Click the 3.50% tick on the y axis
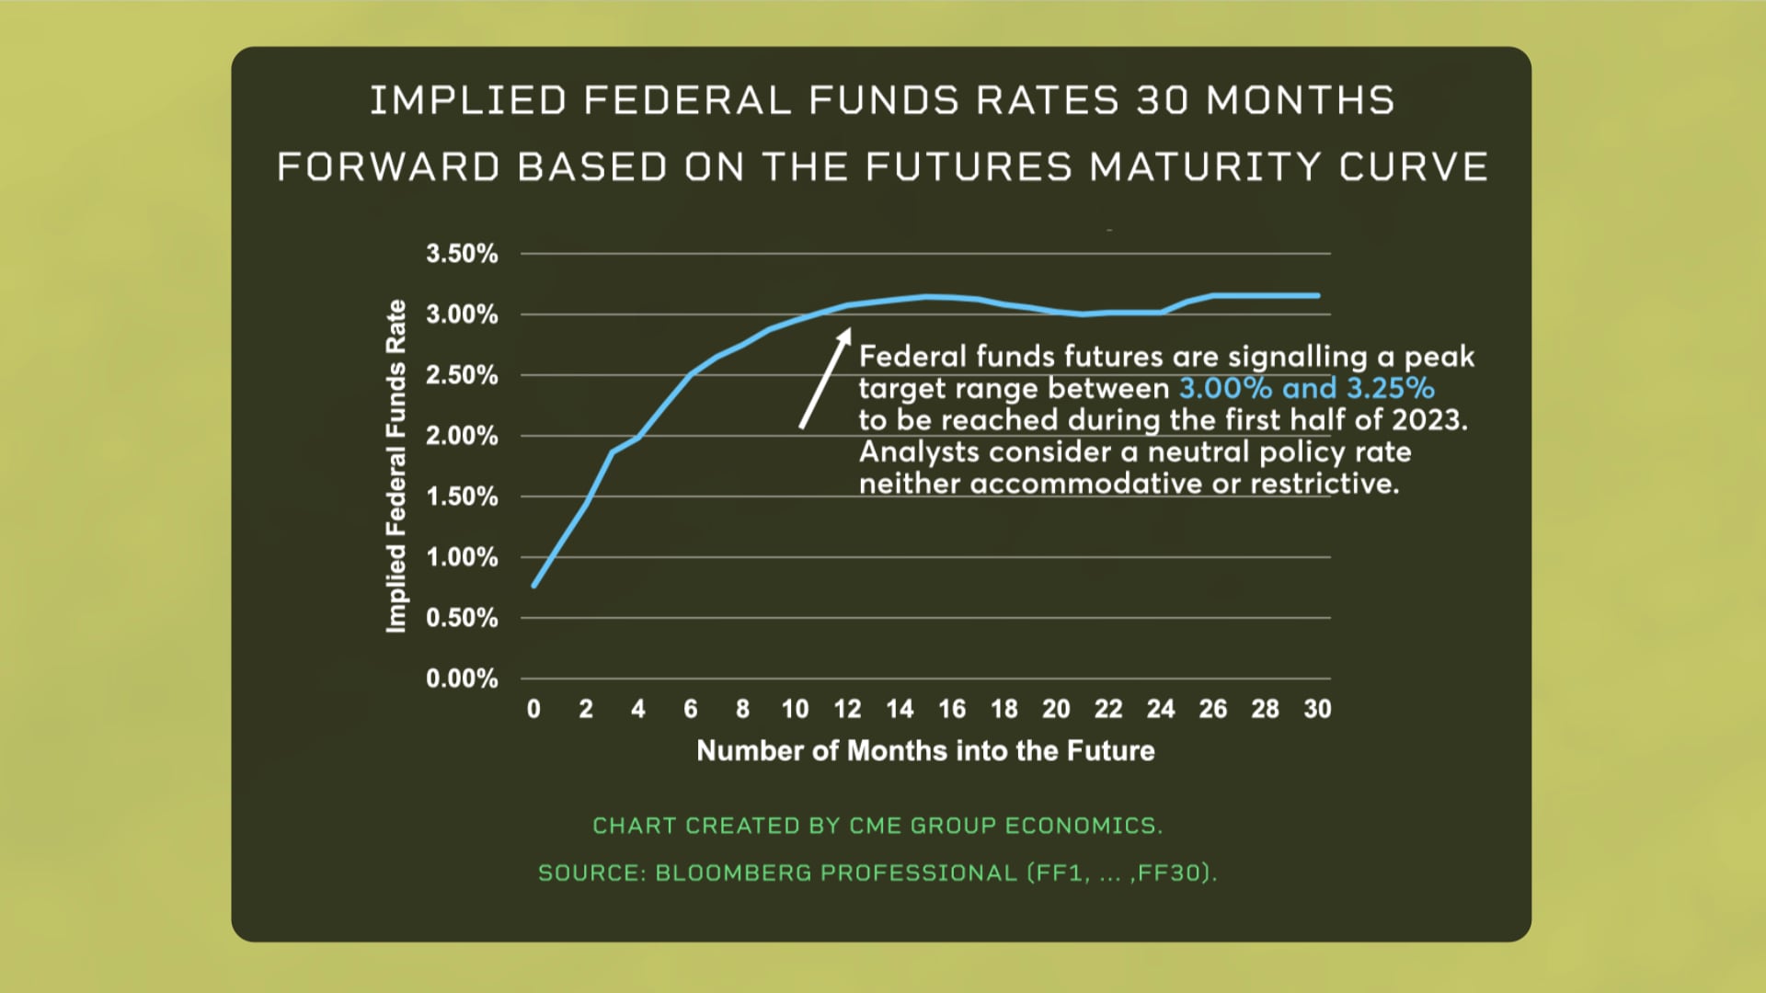462,254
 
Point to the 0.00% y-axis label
462,679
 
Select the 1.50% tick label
462,496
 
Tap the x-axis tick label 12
847,709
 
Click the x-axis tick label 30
1317,709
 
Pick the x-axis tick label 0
533,709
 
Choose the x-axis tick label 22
1108,709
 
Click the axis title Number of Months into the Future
925,750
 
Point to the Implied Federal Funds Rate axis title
396,466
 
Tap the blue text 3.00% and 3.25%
1306,388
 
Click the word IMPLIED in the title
468,100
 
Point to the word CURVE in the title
1413,167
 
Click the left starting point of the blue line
534,585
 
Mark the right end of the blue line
1317,295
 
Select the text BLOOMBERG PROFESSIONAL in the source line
835,873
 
